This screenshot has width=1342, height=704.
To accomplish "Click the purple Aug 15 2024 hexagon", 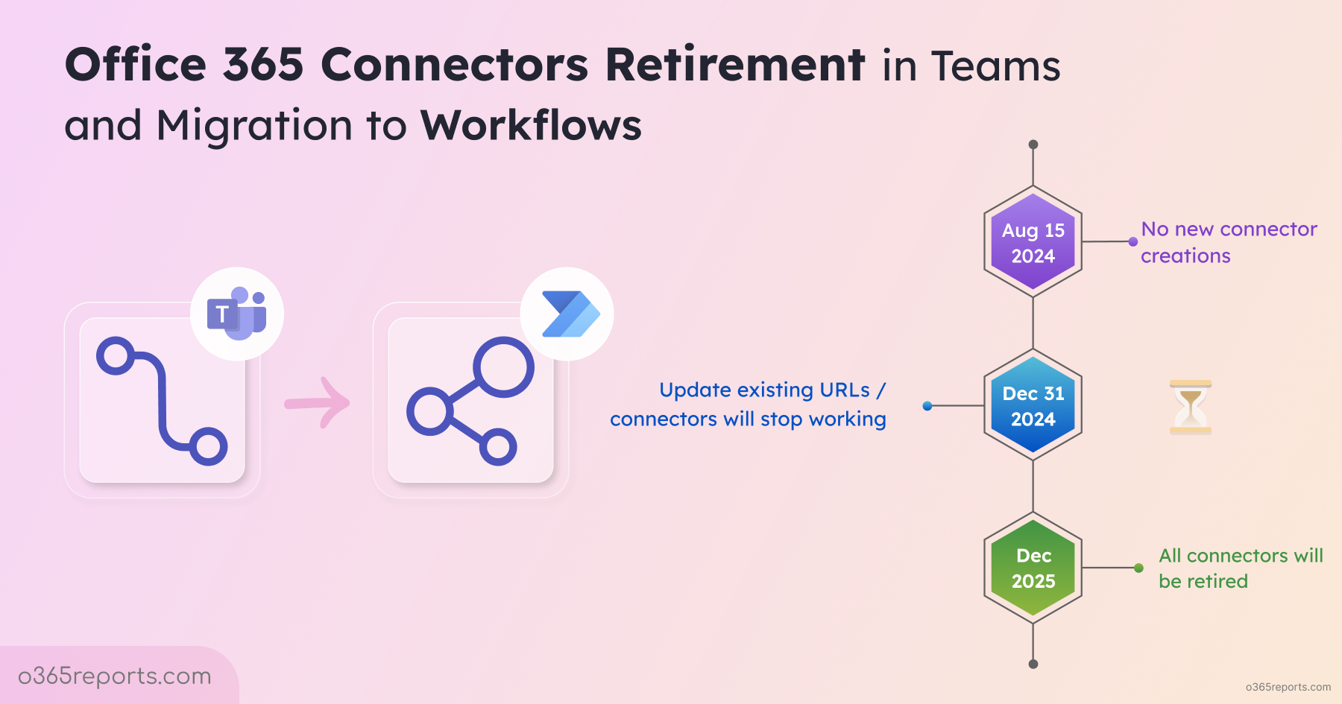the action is [1033, 241].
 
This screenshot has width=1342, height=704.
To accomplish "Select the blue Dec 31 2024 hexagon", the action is [1033, 405].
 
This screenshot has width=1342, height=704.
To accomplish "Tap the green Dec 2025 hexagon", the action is [1033, 568].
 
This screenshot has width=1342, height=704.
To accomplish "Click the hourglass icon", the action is [1191, 407].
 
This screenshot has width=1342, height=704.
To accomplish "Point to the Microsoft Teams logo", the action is [237, 314].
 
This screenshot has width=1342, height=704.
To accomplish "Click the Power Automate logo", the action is [570, 314].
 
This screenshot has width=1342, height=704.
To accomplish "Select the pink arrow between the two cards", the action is [318, 403].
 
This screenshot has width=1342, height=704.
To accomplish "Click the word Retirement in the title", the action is [735, 64].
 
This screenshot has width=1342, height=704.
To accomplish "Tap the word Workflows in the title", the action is [531, 125].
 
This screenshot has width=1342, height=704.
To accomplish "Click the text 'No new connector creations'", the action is [1229, 242].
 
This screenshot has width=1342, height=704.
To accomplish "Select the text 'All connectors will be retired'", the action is [1241, 568].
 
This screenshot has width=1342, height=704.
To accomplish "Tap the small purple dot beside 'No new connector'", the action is [1133, 241].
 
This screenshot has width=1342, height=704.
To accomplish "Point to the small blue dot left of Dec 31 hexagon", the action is [927, 406].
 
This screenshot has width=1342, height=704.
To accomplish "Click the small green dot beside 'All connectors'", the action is [1138, 568].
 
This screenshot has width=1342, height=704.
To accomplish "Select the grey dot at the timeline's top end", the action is [1033, 145].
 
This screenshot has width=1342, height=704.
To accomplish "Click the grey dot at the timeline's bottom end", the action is [1033, 664].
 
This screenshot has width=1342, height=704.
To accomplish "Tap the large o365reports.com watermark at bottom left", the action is [115, 676].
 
